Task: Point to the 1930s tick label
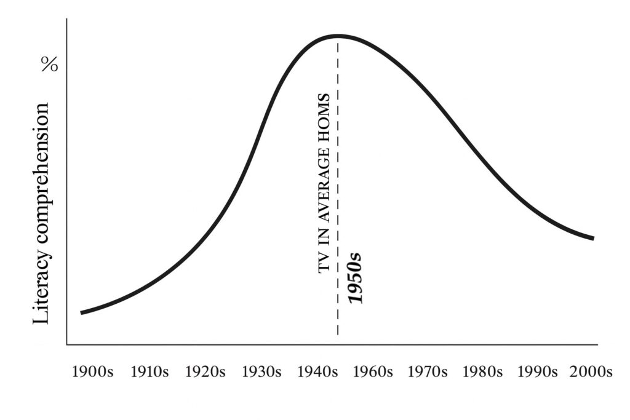[x=261, y=372]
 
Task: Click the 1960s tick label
[x=373, y=372]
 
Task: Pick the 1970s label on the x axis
[x=429, y=372]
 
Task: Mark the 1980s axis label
[x=485, y=372]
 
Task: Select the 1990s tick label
[x=537, y=372]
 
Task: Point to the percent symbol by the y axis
[x=49, y=65]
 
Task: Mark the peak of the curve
[x=338, y=36]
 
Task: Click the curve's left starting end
[x=82, y=312]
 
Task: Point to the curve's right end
[x=593, y=238]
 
